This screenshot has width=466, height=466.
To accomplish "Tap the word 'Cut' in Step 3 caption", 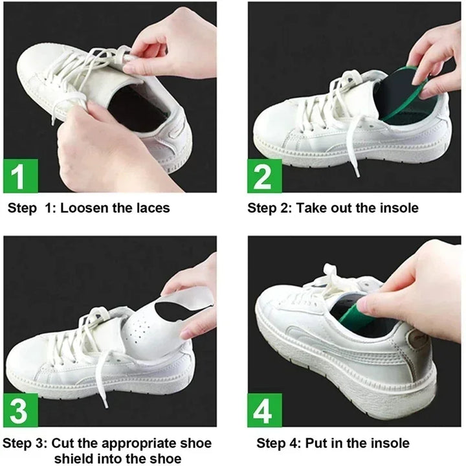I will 63,443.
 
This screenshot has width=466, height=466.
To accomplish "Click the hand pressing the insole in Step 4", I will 421,285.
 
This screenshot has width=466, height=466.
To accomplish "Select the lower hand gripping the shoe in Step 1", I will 97,149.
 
